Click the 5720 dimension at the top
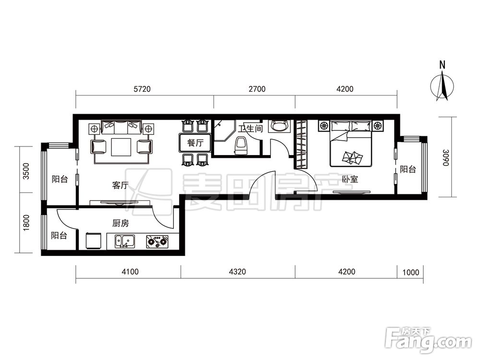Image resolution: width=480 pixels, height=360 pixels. (x=143, y=89)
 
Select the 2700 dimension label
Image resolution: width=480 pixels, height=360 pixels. (x=257, y=89)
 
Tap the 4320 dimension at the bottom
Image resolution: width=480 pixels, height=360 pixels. (x=237, y=272)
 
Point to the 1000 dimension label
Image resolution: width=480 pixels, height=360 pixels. (x=410, y=272)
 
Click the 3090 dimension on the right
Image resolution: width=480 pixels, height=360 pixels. (x=445, y=157)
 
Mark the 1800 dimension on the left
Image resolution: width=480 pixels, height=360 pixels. (x=26, y=223)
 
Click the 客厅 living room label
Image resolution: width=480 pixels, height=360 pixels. (x=120, y=185)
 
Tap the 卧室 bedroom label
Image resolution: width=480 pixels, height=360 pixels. (x=350, y=179)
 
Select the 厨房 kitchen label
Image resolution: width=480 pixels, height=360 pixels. (x=120, y=224)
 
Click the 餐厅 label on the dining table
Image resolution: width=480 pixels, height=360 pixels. (x=195, y=143)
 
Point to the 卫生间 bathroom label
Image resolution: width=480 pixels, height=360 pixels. (x=251, y=128)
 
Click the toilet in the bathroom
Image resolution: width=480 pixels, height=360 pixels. (x=240, y=145)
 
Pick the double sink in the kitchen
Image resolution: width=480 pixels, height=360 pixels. (x=125, y=241)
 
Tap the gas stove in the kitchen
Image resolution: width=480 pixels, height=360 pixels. (x=157, y=241)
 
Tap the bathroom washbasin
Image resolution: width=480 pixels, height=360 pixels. (x=278, y=126)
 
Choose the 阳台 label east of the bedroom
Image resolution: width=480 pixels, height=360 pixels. (x=408, y=169)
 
